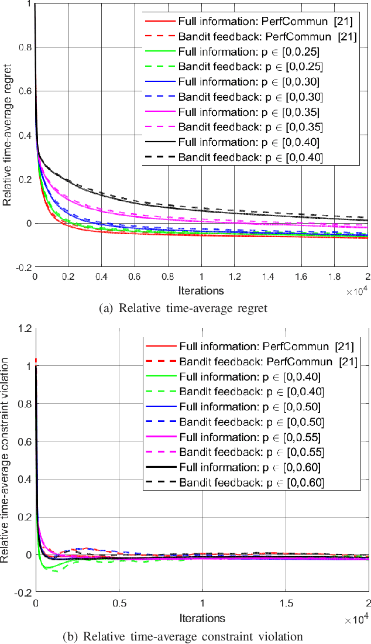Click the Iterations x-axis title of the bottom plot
202,618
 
